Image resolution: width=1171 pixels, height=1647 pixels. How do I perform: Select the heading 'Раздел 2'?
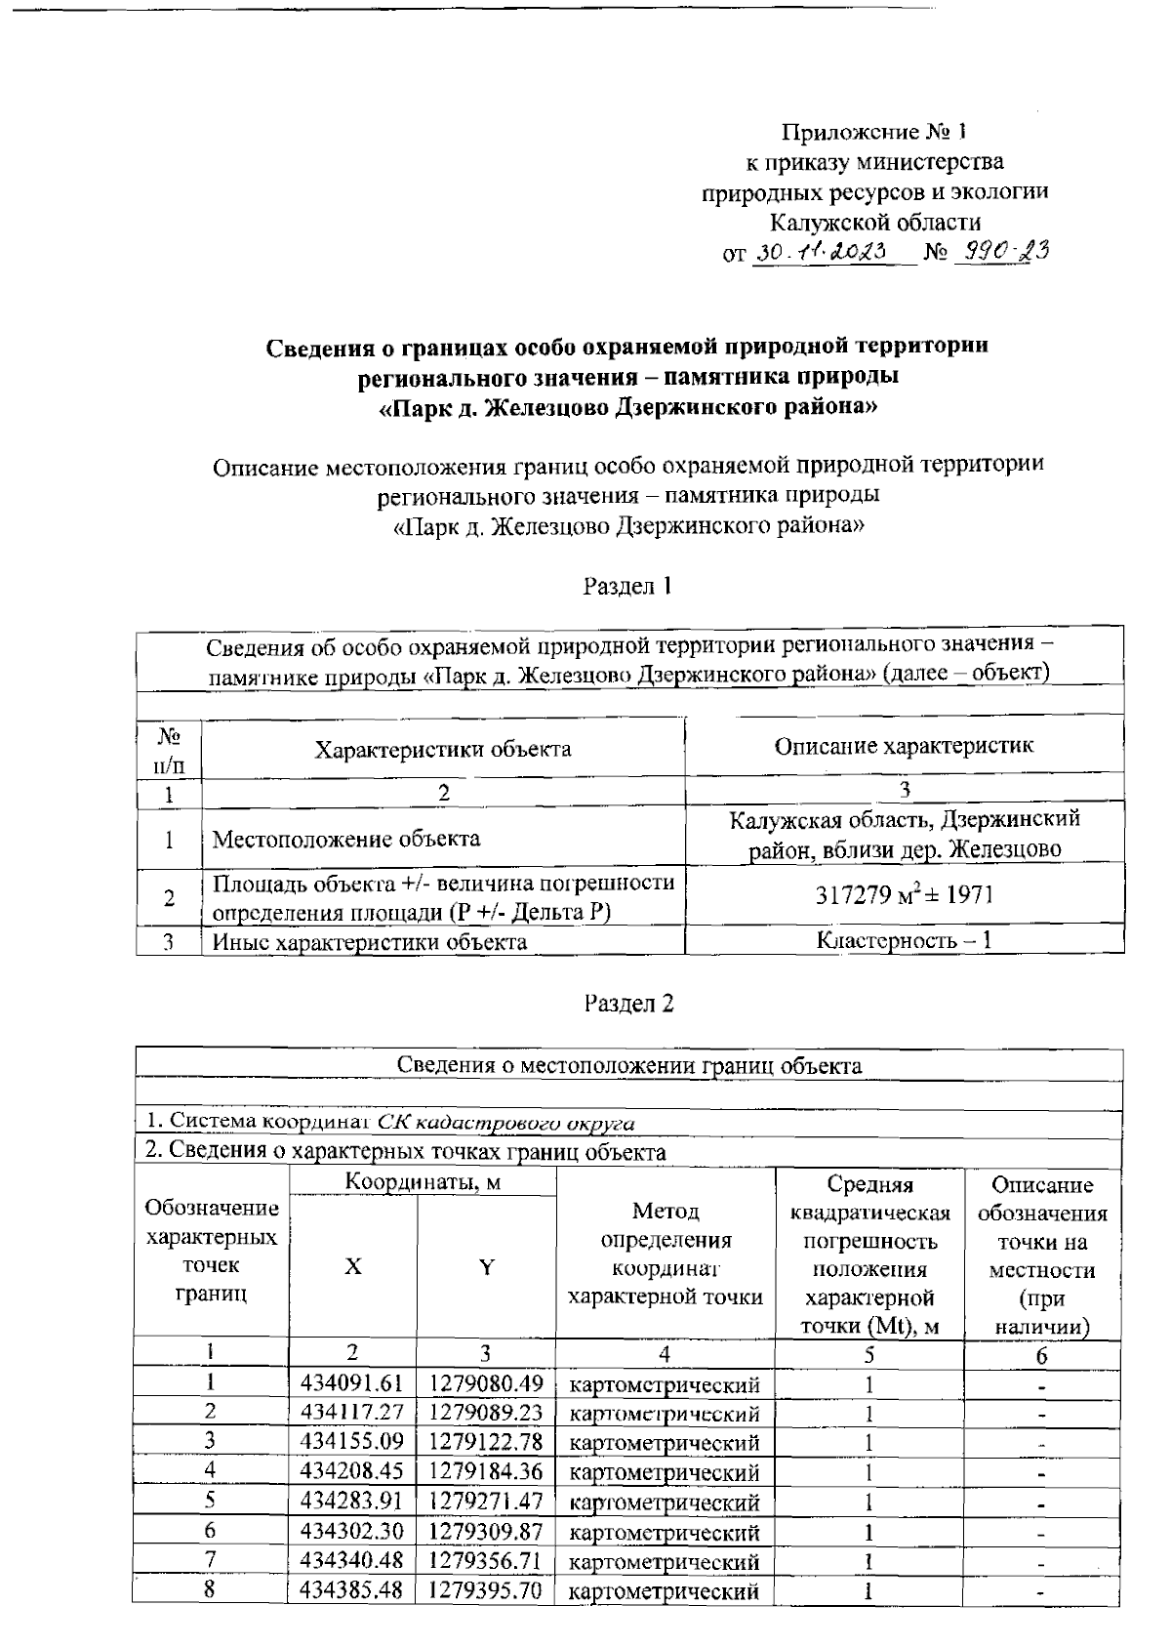[x=628, y=1003]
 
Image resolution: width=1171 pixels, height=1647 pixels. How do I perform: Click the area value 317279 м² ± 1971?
[x=905, y=896]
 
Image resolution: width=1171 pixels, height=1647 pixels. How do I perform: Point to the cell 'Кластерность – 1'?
[x=905, y=941]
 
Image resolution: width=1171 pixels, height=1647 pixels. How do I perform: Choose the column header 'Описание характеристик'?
[x=904, y=746]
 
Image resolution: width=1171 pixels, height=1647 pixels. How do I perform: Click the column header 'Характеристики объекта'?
[x=443, y=749]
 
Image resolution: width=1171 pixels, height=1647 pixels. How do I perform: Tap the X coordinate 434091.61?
[x=351, y=1383]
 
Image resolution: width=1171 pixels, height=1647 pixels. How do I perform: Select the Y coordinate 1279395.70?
[x=485, y=1590]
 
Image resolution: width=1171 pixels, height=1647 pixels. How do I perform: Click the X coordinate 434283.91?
[x=351, y=1502]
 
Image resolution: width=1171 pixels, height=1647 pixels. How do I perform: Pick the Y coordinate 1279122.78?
[x=485, y=1442]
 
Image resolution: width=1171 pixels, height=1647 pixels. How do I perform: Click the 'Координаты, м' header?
[x=423, y=1182]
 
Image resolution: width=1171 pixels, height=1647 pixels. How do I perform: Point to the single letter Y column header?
[x=486, y=1267]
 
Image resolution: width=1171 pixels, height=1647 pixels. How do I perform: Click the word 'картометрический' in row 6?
[x=664, y=1532]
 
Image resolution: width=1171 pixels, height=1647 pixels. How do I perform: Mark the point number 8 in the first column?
[x=210, y=1589]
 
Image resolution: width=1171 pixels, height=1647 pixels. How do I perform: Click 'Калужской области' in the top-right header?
[x=875, y=223]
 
